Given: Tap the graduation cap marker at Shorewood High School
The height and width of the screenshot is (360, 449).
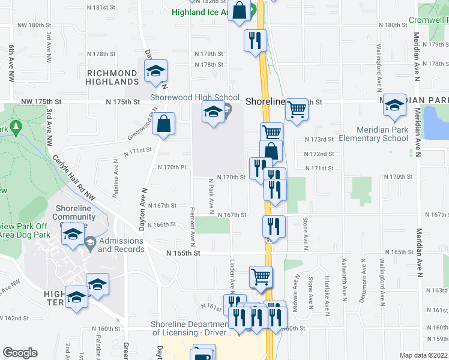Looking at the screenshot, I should pyautogui.click(x=212, y=112).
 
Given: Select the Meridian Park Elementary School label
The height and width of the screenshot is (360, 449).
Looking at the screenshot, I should pyautogui.click(x=373, y=134).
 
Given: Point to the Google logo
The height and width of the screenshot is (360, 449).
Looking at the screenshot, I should pyautogui.click(x=20, y=353).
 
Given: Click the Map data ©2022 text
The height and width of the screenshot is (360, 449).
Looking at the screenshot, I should pyautogui.click(x=424, y=355).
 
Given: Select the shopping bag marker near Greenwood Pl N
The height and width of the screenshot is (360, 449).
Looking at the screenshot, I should pyautogui.click(x=163, y=125).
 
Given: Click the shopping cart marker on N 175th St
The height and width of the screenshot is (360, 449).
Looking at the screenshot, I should pyautogui.click(x=296, y=110).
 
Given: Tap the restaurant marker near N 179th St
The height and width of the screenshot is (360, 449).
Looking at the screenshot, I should pyautogui.click(x=256, y=41).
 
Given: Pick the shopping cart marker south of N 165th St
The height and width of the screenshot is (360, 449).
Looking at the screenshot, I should pyautogui.click(x=261, y=277).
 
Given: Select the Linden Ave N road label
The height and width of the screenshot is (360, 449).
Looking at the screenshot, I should pyautogui.click(x=232, y=272).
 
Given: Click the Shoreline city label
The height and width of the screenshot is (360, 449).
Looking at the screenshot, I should pyautogui.click(x=265, y=102).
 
